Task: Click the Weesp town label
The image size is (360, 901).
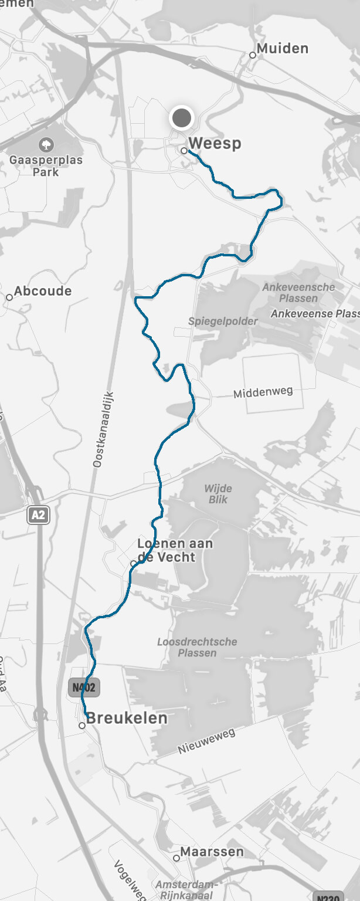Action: point(215,143)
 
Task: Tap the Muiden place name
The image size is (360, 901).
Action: point(283,49)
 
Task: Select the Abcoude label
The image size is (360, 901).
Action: point(43,291)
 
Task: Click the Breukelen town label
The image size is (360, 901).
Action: point(127,718)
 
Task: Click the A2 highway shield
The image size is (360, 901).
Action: point(38,515)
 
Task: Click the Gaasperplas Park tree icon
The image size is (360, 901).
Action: point(46,144)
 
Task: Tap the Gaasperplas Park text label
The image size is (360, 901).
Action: point(46,166)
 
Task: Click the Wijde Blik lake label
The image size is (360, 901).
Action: point(218,494)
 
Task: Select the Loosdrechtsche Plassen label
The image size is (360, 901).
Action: point(197,647)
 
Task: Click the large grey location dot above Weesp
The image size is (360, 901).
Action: point(182,118)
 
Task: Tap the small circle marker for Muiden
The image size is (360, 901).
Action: point(253,55)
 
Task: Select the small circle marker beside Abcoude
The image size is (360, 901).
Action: point(9,297)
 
